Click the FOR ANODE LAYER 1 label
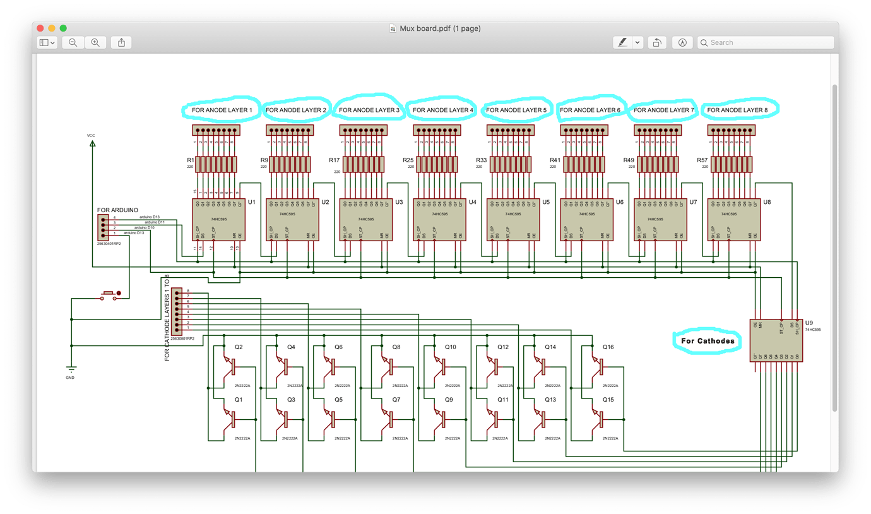pos(222,110)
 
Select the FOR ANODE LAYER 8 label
pos(737,110)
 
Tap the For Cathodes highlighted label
pos(708,341)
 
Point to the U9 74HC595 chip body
pos(776,340)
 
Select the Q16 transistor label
pos(608,347)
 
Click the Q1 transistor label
pos(238,400)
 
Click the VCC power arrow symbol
pos(92,143)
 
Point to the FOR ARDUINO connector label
pos(117,210)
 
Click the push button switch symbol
pos(110,295)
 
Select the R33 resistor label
pos(481,160)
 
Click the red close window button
pos(40,28)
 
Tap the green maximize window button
pos(63,28)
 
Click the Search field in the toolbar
pos(766,42)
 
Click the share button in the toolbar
pos(121,42)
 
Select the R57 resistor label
pos(702,160)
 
